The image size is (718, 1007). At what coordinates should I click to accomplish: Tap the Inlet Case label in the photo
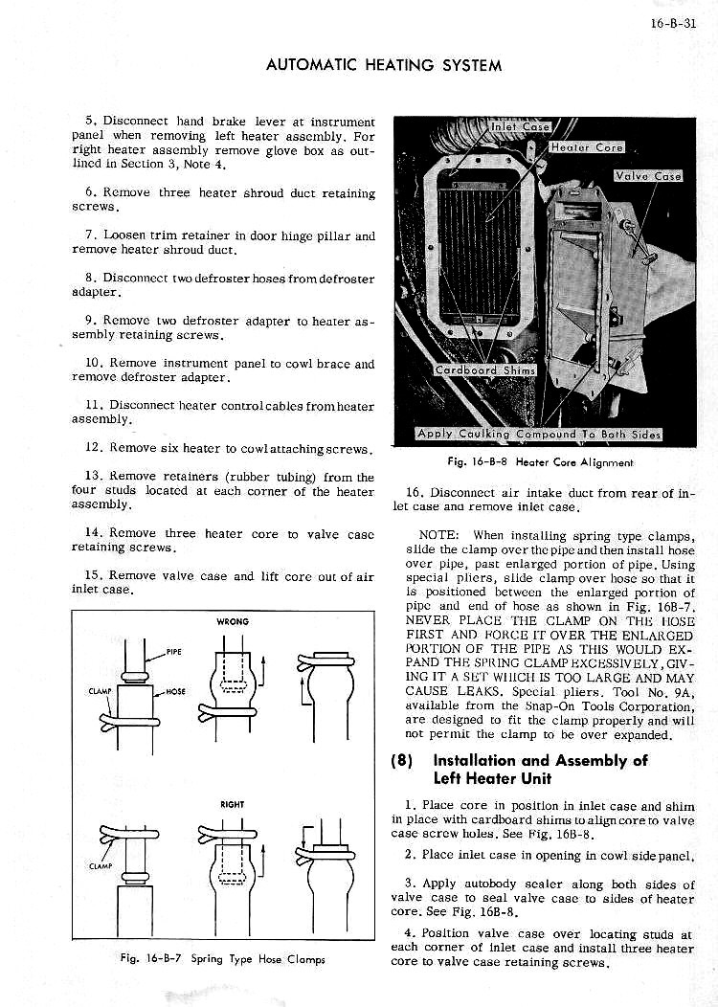tap(520, 125)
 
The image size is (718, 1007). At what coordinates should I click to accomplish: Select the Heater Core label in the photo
tap(587, 147)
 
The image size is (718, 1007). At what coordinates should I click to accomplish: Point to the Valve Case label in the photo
tap(647, 175)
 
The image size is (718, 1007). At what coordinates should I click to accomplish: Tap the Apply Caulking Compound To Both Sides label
tap(539, 434)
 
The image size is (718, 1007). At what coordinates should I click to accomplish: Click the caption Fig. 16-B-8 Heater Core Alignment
tap(540, 462)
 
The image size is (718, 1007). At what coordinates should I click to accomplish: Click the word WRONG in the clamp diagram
tap(233, 621)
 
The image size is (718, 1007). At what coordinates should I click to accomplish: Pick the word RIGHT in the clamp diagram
tap(233, 805)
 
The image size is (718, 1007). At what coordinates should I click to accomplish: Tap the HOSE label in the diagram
tap(175, 691)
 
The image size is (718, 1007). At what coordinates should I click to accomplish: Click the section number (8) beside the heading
tap(404, 762)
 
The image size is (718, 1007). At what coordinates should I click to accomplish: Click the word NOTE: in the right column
tap(440, 535)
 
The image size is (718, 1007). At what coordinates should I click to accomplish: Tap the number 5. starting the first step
tap(91, 121)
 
